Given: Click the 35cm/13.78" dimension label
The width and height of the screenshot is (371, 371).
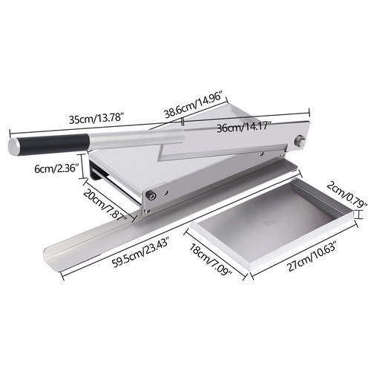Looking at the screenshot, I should click(x=96, y=119).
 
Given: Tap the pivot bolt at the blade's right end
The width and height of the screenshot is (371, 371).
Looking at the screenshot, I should click(x=301, y=140).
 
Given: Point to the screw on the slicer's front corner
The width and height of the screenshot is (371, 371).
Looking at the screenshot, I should click(x=151, y=195).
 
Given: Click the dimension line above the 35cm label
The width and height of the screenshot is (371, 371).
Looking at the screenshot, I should click(x=89, y=127).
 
